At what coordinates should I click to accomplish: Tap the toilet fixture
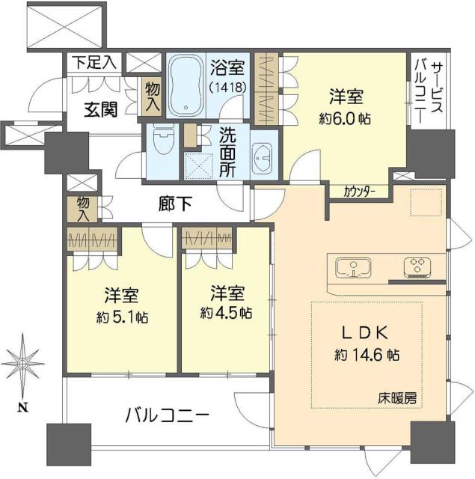[x=163, y=141]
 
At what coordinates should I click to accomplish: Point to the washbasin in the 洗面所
[x=262, y=157]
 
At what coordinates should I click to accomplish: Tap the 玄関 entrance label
[x=99, y=110]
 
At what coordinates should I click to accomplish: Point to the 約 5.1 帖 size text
[x=120, y=317]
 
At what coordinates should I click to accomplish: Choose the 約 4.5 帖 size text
[x=225, y=311]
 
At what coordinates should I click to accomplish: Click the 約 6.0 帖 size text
[x=346, y=118]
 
